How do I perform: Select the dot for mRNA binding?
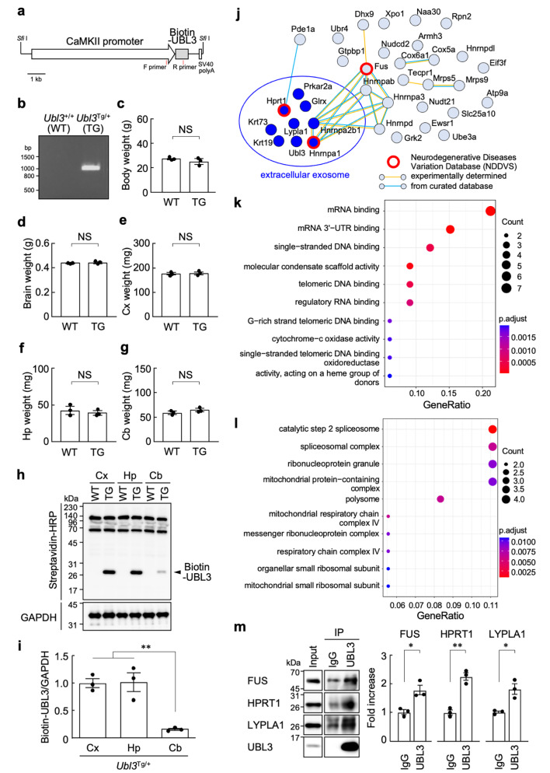coord(490,211)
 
